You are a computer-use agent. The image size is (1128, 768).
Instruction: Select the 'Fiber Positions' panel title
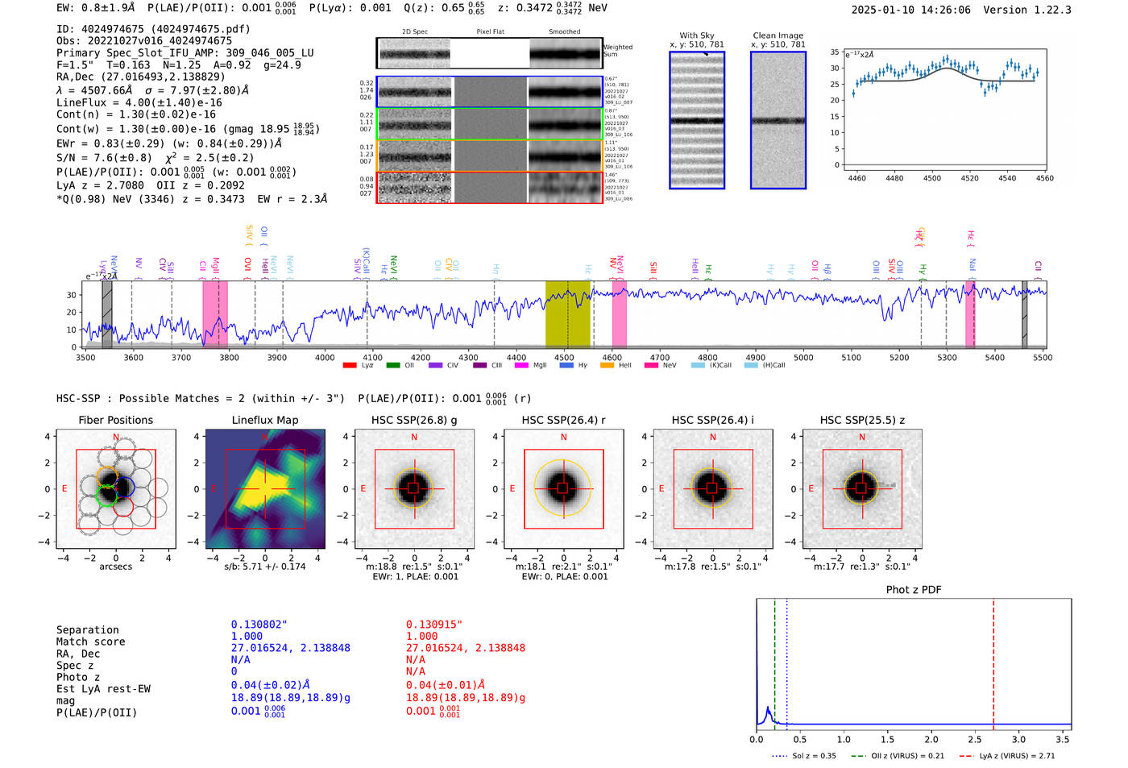coord(115,420)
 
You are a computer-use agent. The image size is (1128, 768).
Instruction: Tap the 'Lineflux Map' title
coord(265,420)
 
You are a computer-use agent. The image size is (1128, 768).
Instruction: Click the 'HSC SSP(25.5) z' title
coord(862,420)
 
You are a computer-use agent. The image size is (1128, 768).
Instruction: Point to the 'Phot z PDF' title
coord(914,589)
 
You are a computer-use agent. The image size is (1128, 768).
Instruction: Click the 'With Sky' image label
coord(696,35)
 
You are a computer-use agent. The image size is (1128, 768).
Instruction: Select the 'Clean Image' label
coord(778,35)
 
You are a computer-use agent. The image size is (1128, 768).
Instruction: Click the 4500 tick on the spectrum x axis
coord(564,358)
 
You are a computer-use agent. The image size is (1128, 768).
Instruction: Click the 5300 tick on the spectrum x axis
coord(947,358)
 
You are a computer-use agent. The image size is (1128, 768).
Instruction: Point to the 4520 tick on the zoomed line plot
coord(969,178)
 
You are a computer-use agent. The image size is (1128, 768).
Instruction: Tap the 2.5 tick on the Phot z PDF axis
coord(975,739)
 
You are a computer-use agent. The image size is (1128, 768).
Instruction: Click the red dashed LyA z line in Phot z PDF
coord(993,661)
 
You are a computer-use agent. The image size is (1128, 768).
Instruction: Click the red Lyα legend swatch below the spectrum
coord(349,365)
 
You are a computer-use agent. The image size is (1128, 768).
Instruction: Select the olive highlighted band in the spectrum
coord(567,314)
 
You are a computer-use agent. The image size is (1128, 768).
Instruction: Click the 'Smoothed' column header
coord(564,31)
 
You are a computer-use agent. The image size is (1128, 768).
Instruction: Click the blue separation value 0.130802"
coord(259,625)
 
